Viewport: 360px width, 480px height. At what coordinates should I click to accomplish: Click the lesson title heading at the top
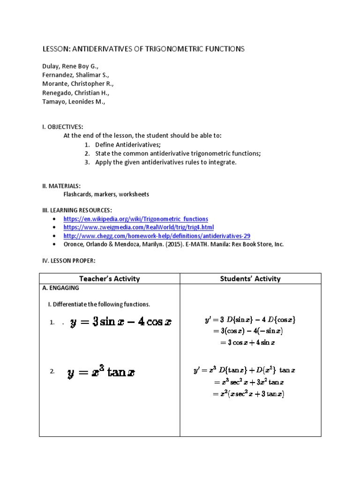[143, 49]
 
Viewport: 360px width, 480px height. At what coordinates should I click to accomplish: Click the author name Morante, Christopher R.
[78, 84]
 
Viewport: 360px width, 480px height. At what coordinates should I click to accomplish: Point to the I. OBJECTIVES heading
[63, 127]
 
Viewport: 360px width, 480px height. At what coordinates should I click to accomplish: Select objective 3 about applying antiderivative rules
[166, 162]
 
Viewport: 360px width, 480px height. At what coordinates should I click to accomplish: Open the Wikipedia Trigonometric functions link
[135, 219]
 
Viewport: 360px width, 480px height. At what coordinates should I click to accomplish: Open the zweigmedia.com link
[138, 227]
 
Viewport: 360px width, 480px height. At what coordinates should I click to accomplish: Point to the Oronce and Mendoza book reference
[173, 244]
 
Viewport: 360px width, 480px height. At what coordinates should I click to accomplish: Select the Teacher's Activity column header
[110, 278]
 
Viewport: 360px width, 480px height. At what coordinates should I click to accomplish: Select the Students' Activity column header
[250, 278]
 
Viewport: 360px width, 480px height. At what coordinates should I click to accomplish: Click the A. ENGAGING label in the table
[61, 288]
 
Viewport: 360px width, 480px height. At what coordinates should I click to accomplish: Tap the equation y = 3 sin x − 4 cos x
[121, 322]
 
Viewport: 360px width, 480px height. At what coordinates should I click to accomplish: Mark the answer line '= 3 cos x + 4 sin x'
[247, 343]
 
